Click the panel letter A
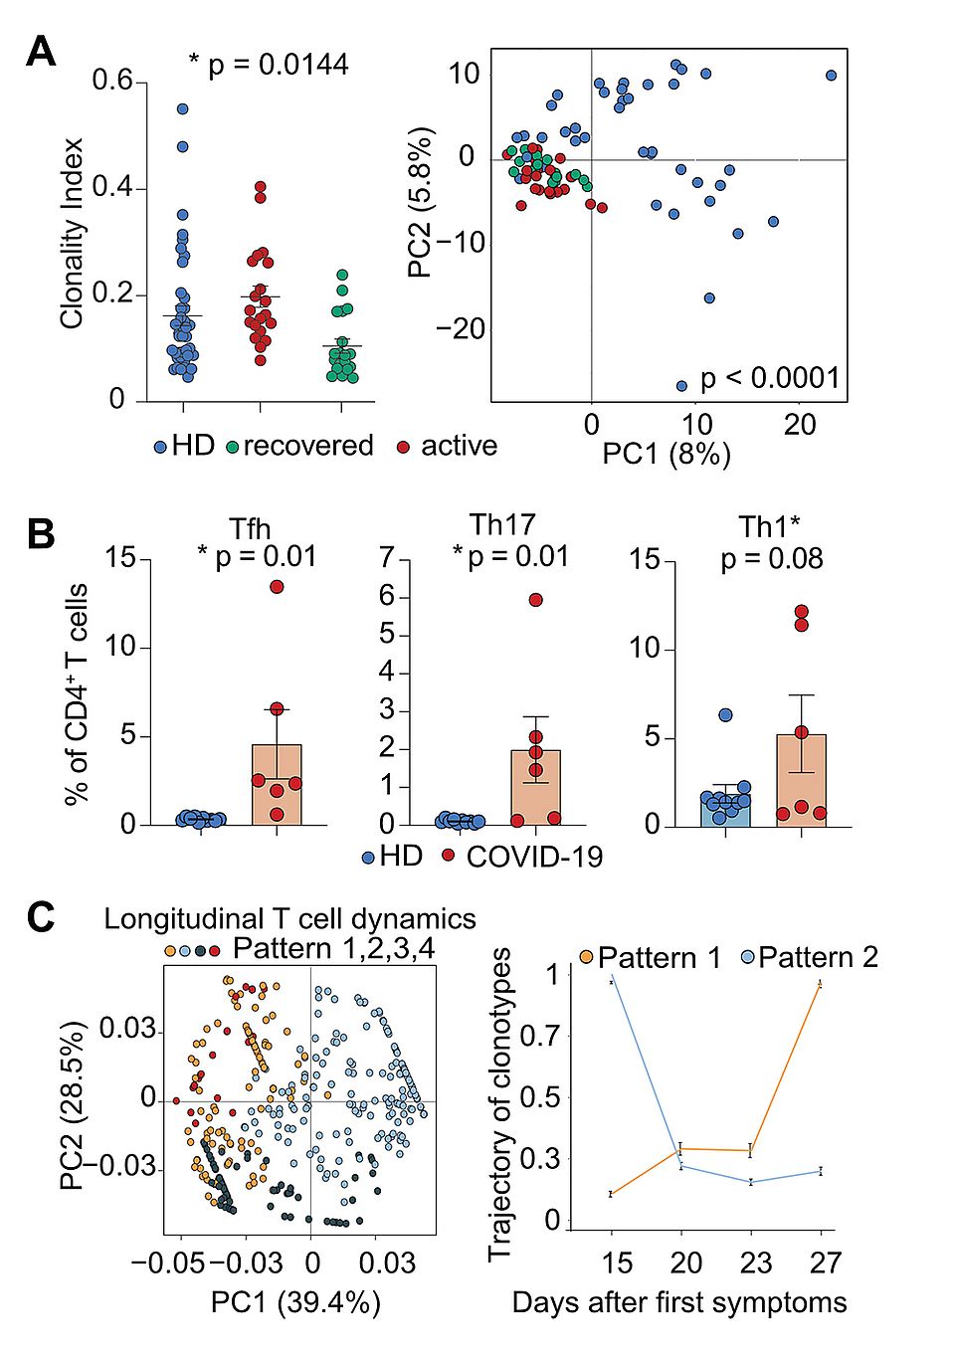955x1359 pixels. click(41, 51)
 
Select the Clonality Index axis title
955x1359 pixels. click(72, 234)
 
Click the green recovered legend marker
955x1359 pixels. click(233, 448)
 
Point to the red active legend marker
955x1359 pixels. click(403, 448)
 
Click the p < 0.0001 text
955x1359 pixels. click(770, 378)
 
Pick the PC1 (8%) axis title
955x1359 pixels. click(667, 455)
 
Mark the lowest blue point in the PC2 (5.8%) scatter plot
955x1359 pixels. click(681, 386)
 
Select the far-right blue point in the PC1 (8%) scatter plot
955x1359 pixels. click(832, 76)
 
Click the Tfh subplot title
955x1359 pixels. click(250, 527)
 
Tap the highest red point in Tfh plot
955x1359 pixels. click(277, 587)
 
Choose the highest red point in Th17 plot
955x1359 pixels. click(536, 600)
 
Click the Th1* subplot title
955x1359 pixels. click(770, 526)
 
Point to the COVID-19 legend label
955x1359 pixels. click(534, 857)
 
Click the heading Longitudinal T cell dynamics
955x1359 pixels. click(289, 918)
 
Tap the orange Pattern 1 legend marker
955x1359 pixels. click(586, 957)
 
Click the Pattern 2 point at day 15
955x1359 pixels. click(611, 981)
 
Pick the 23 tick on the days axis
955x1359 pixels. click(755, 1262)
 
